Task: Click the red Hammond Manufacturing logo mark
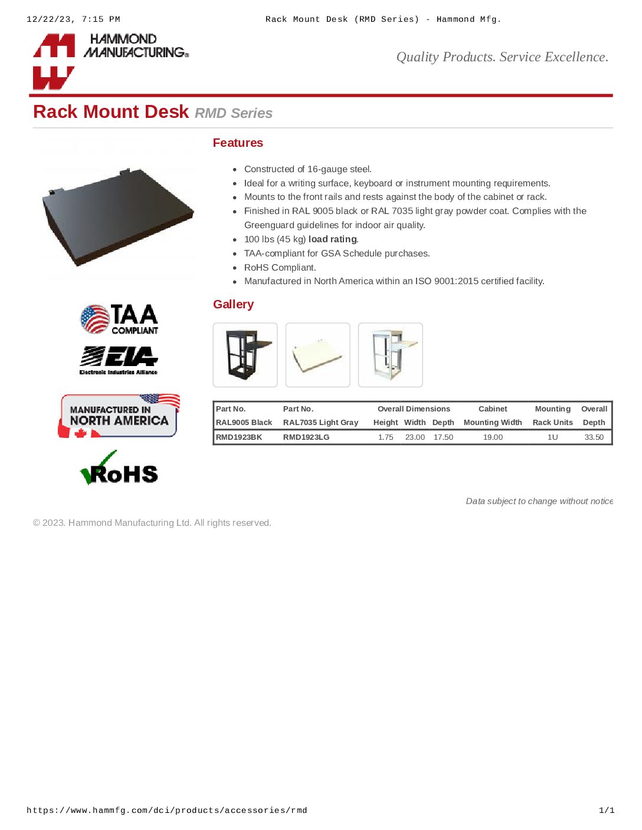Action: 54,61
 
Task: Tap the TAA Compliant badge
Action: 119,319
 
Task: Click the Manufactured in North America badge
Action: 119,416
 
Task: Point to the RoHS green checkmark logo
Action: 119,468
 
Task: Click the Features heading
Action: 238,143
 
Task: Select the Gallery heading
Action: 233,304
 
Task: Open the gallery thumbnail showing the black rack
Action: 245,355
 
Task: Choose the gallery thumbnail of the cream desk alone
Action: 317,355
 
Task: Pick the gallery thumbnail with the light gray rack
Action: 390,355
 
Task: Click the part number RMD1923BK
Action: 239,437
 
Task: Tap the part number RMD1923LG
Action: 306,437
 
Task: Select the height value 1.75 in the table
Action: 385,437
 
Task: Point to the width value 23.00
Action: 415,437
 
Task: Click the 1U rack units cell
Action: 552,437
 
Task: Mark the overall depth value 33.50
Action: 594,437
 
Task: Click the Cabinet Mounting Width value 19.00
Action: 493,437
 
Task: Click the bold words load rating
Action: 333,239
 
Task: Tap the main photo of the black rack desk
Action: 118,215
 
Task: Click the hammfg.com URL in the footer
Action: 167,811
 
